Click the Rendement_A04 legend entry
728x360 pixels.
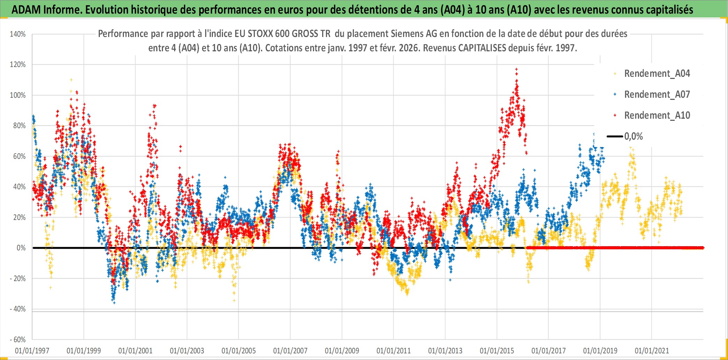tap(656, 74)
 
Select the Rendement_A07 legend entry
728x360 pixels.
tap(656, 95)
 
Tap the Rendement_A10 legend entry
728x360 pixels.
tap(656, 116)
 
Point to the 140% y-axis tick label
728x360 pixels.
tap(18, 34)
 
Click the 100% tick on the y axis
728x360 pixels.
tap(18, 95)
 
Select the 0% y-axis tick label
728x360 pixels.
tap(21, 248)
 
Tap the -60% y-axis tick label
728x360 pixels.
tap(18, 340)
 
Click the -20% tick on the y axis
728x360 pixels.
tap(18, 279)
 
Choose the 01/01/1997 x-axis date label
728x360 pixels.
tap(32, 351)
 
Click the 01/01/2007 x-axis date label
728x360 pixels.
tap(290, 351)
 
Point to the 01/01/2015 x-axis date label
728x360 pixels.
tap(497, 351)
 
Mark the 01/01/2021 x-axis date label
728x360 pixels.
tap(652, 351)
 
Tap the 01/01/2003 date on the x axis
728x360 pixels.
tap(187, 351)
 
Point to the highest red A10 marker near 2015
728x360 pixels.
tap(516, 69)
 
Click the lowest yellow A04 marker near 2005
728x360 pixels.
tap(234, 300)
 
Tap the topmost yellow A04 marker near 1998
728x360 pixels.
tap(71, 80)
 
